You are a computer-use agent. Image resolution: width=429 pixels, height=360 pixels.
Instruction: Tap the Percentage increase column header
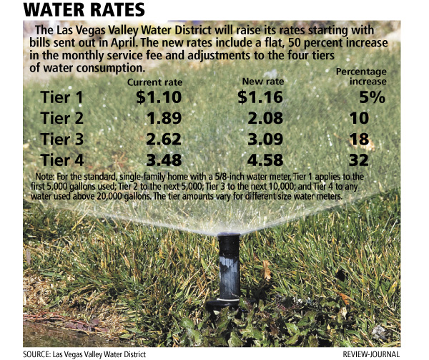pyautogui.click(x=361, y=77)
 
